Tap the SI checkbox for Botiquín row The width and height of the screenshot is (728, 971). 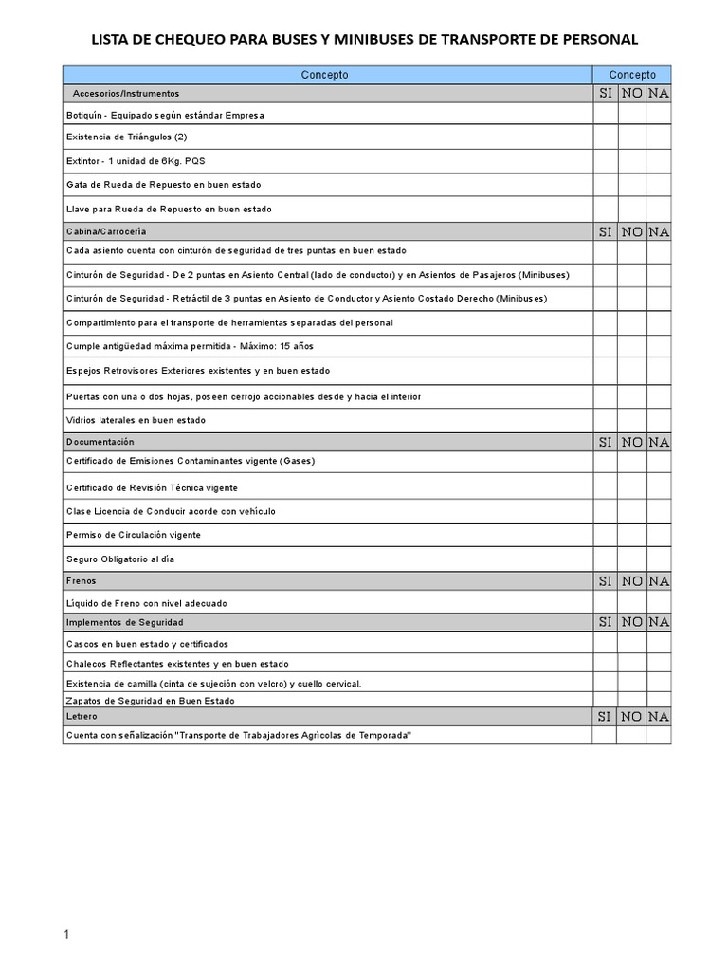coord(606,115)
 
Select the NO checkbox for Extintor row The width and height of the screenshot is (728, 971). coord(632,160)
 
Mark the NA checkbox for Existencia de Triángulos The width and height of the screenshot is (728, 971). coord(659,137)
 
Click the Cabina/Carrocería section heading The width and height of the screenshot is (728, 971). coord(106,231)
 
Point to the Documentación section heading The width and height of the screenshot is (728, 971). coord(100,442)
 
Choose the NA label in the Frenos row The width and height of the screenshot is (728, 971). coord(659,581)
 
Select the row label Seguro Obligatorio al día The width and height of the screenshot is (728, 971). coord(120,559)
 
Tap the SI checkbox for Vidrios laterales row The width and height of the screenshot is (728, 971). coord(606,420)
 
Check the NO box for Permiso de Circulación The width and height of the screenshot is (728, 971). coord(632,535)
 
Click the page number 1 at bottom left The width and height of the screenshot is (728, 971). coord(66,936)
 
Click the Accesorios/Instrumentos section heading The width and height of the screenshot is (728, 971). coord(126,94)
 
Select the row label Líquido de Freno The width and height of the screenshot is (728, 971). coord(146,603)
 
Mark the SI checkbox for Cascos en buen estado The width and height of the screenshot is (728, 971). coord(606,644)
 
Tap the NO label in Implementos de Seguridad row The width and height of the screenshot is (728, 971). coord(632,622)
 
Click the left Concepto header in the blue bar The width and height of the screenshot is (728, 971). coord(325,75)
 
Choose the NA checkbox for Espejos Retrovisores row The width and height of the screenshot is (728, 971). coord(659,371)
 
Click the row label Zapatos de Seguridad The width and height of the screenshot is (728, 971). coord(150,701)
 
